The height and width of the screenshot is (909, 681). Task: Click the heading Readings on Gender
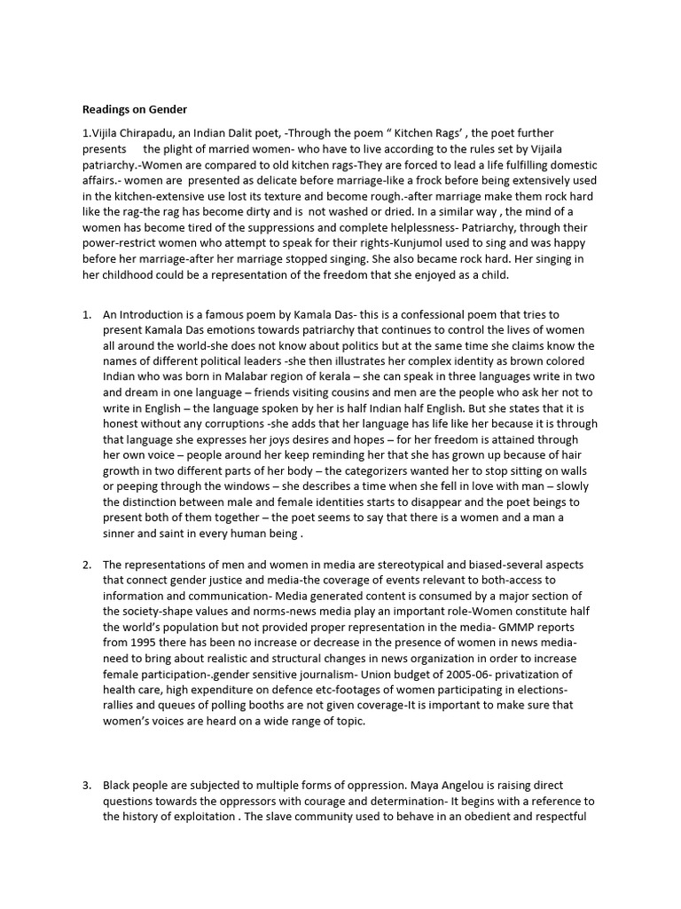[135, 109]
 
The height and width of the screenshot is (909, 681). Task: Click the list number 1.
[87, 314]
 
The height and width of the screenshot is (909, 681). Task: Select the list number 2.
[87, 564]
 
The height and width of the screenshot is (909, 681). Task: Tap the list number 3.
[87, 786]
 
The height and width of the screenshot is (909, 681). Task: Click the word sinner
[125, 533]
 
